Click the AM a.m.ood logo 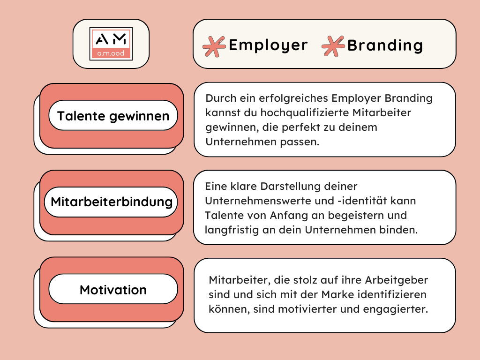pos(111,44)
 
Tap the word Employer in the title pos(268,45)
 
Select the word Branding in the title pos(385,45)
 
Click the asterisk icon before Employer pos(214,46)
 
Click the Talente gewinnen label pos(113,115)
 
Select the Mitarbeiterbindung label pos(112,202)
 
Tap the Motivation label pos(113,290)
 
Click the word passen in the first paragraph pos(303,142)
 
